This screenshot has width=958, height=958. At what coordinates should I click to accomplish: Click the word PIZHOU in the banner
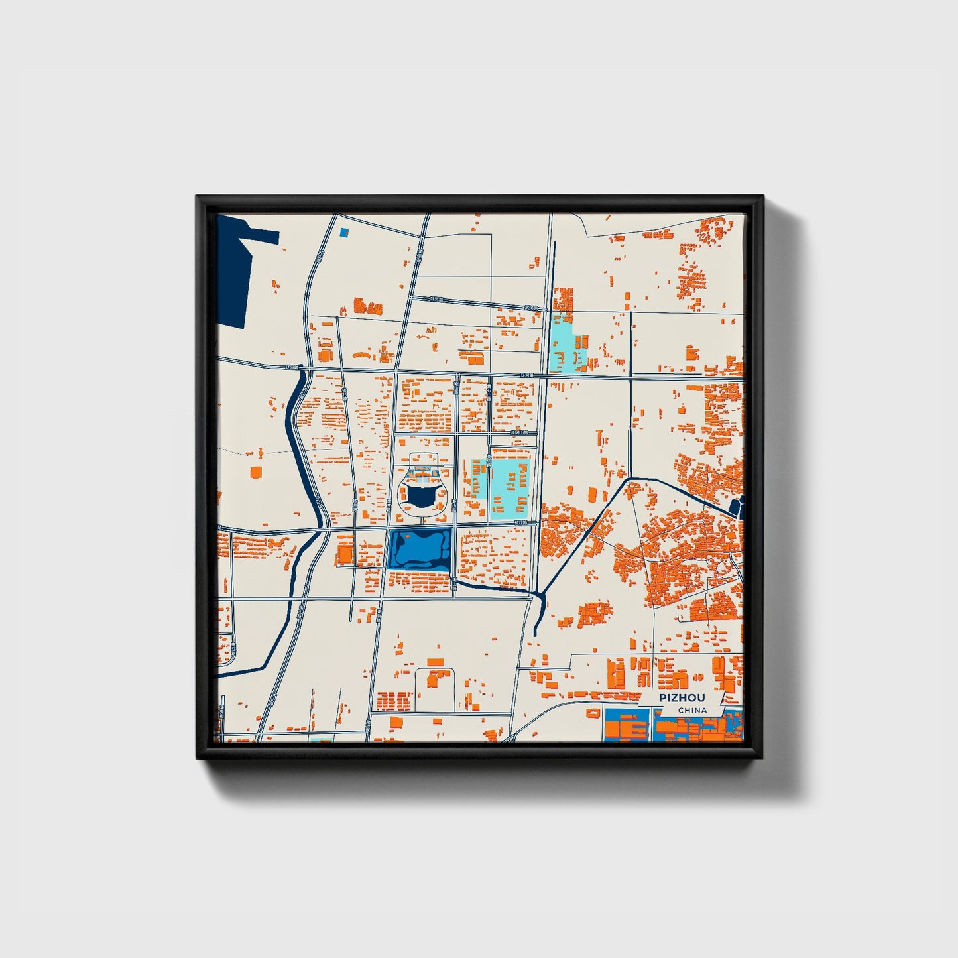coord(682,698)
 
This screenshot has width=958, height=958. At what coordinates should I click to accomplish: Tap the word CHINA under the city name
coord(692,711)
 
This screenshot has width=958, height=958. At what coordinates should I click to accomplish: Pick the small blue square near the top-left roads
coord(343,233)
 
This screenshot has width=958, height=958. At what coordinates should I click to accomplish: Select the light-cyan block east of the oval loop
coord(509,487)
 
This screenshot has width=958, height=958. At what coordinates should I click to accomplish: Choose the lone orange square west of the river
coord(255,472)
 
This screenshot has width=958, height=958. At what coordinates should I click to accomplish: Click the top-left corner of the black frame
coord(198,197)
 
